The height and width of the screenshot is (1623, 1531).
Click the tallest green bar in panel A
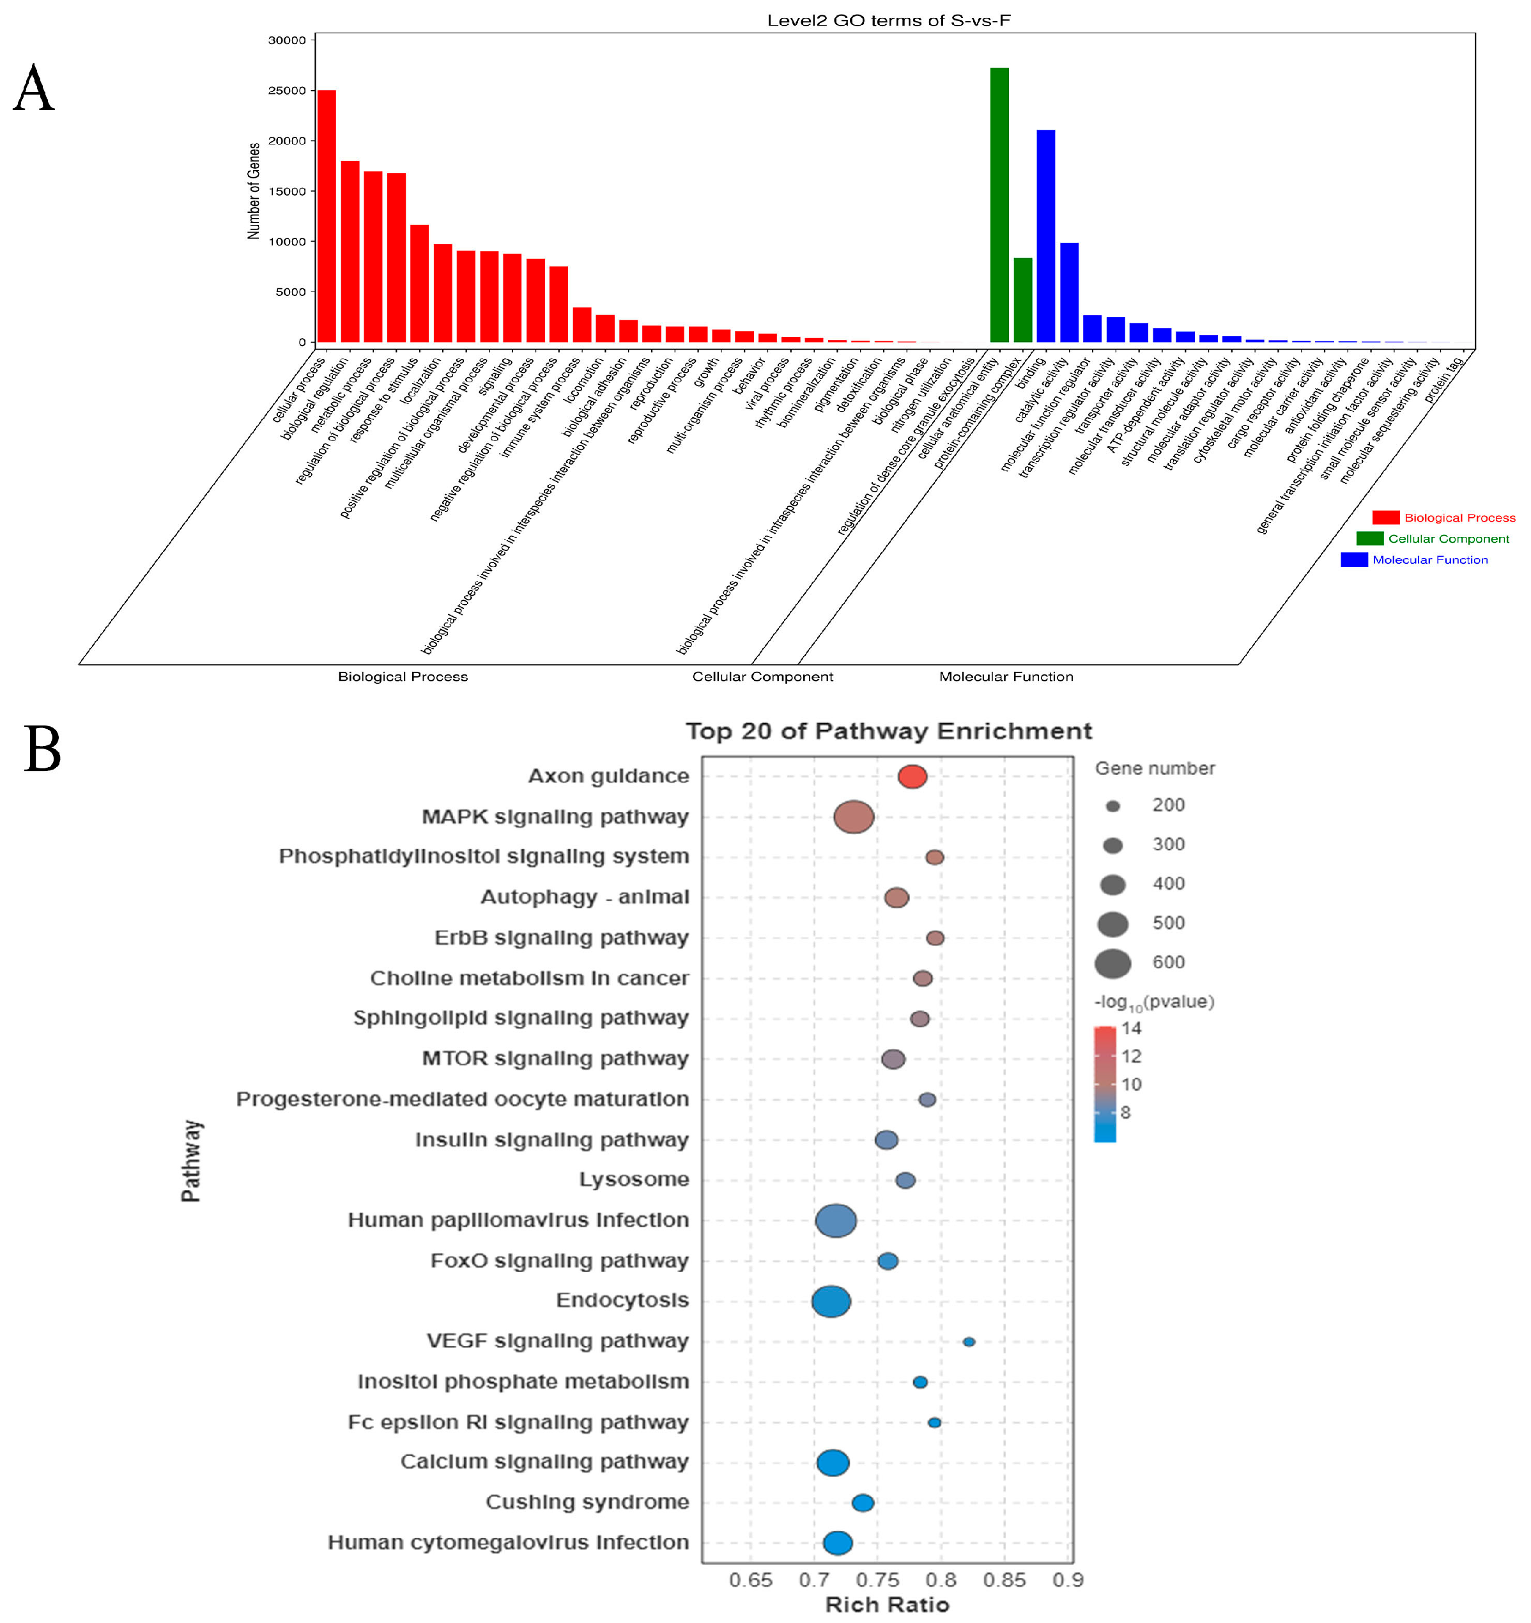click(999, 204)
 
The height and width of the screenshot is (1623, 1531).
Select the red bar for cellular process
click(327, 216)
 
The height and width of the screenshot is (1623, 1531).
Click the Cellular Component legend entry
click(1448, 539)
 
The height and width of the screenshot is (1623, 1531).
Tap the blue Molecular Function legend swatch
click(1354, 560)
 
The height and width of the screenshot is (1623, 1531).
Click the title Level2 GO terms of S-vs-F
click(888, 20)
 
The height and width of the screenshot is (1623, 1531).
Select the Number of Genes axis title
click(254, 191)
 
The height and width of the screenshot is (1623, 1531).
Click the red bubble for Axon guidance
click(912, 777)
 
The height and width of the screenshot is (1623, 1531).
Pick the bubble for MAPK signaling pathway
click(854, 817)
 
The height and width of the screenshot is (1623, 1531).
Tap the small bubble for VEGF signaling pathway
click(969, 1341)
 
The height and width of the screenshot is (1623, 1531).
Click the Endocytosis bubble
click(831, 1301)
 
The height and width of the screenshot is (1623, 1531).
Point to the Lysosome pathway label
click(633, 1180)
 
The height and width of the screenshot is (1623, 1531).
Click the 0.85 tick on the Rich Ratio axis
click(1004, 1580)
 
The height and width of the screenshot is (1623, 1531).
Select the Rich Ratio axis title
click(887, 1604)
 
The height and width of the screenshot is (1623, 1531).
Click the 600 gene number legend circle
click(1112, 963)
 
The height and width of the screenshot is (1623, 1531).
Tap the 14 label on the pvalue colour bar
click(1131, 1029)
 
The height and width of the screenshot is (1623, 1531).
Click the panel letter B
click(42, 749)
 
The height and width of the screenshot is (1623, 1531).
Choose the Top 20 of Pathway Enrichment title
click(888, 731)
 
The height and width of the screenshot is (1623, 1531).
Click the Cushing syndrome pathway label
click(587, 1502)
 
